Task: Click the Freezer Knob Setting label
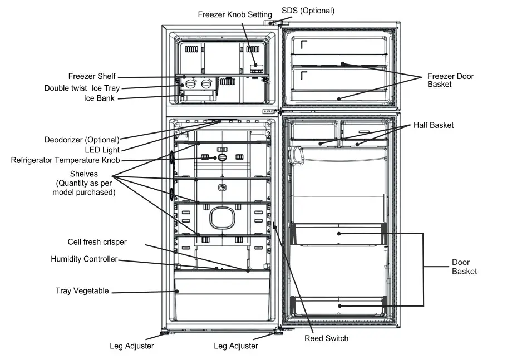click(x=235, y=14)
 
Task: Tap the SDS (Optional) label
click(x=308, y=11)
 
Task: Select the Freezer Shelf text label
click(x=92, y=76)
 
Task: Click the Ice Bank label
click(x=99, y=98)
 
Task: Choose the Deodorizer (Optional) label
click(x=82, y=140)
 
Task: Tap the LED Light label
click(x=102, y=150)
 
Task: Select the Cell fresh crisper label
click(x=97, y=242)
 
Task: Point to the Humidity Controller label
click(x=84, y=259)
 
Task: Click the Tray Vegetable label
click(x=82, y=291)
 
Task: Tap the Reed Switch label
click(x=327, y=338)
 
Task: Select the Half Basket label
click(x=434, y=125)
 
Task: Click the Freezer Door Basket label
click(x=450, y=80)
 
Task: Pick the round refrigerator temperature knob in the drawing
click(x=223, y=157)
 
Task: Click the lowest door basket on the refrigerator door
click(x=339, y=305)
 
